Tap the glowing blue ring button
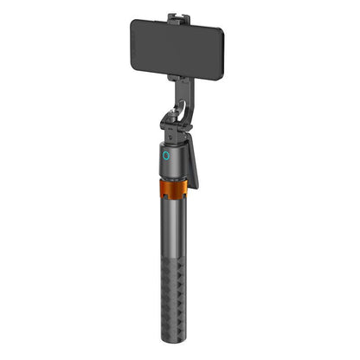165,157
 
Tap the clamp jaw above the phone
179,17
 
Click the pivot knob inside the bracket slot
180,113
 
